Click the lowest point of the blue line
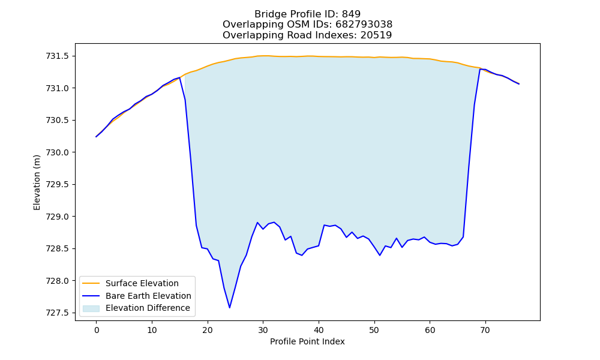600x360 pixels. [230, 308]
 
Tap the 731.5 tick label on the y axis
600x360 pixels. [58, 56]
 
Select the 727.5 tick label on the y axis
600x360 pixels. [58, 313]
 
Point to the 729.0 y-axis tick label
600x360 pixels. [58, 217]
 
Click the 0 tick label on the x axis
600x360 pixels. [97, 330]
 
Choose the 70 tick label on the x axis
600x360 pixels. [485, 330]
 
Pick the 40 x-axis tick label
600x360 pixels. [319, 330]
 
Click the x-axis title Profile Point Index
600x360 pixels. [307, 341]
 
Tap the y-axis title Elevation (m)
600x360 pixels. [37, 182]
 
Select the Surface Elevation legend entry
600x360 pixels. [142, 283]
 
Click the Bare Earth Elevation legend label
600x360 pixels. [148, 296]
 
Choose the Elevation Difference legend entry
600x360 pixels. [148, 308]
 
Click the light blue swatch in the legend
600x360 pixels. [91, 308]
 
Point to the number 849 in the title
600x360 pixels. [351, 14]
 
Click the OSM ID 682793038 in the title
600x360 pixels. [364, 25]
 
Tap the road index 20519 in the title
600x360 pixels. [376, 35]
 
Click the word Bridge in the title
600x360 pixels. [268, 14]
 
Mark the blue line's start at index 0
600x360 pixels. [96, 137]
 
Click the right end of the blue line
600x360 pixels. [519, 84]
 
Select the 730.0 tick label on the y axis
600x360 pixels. [58, 152]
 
